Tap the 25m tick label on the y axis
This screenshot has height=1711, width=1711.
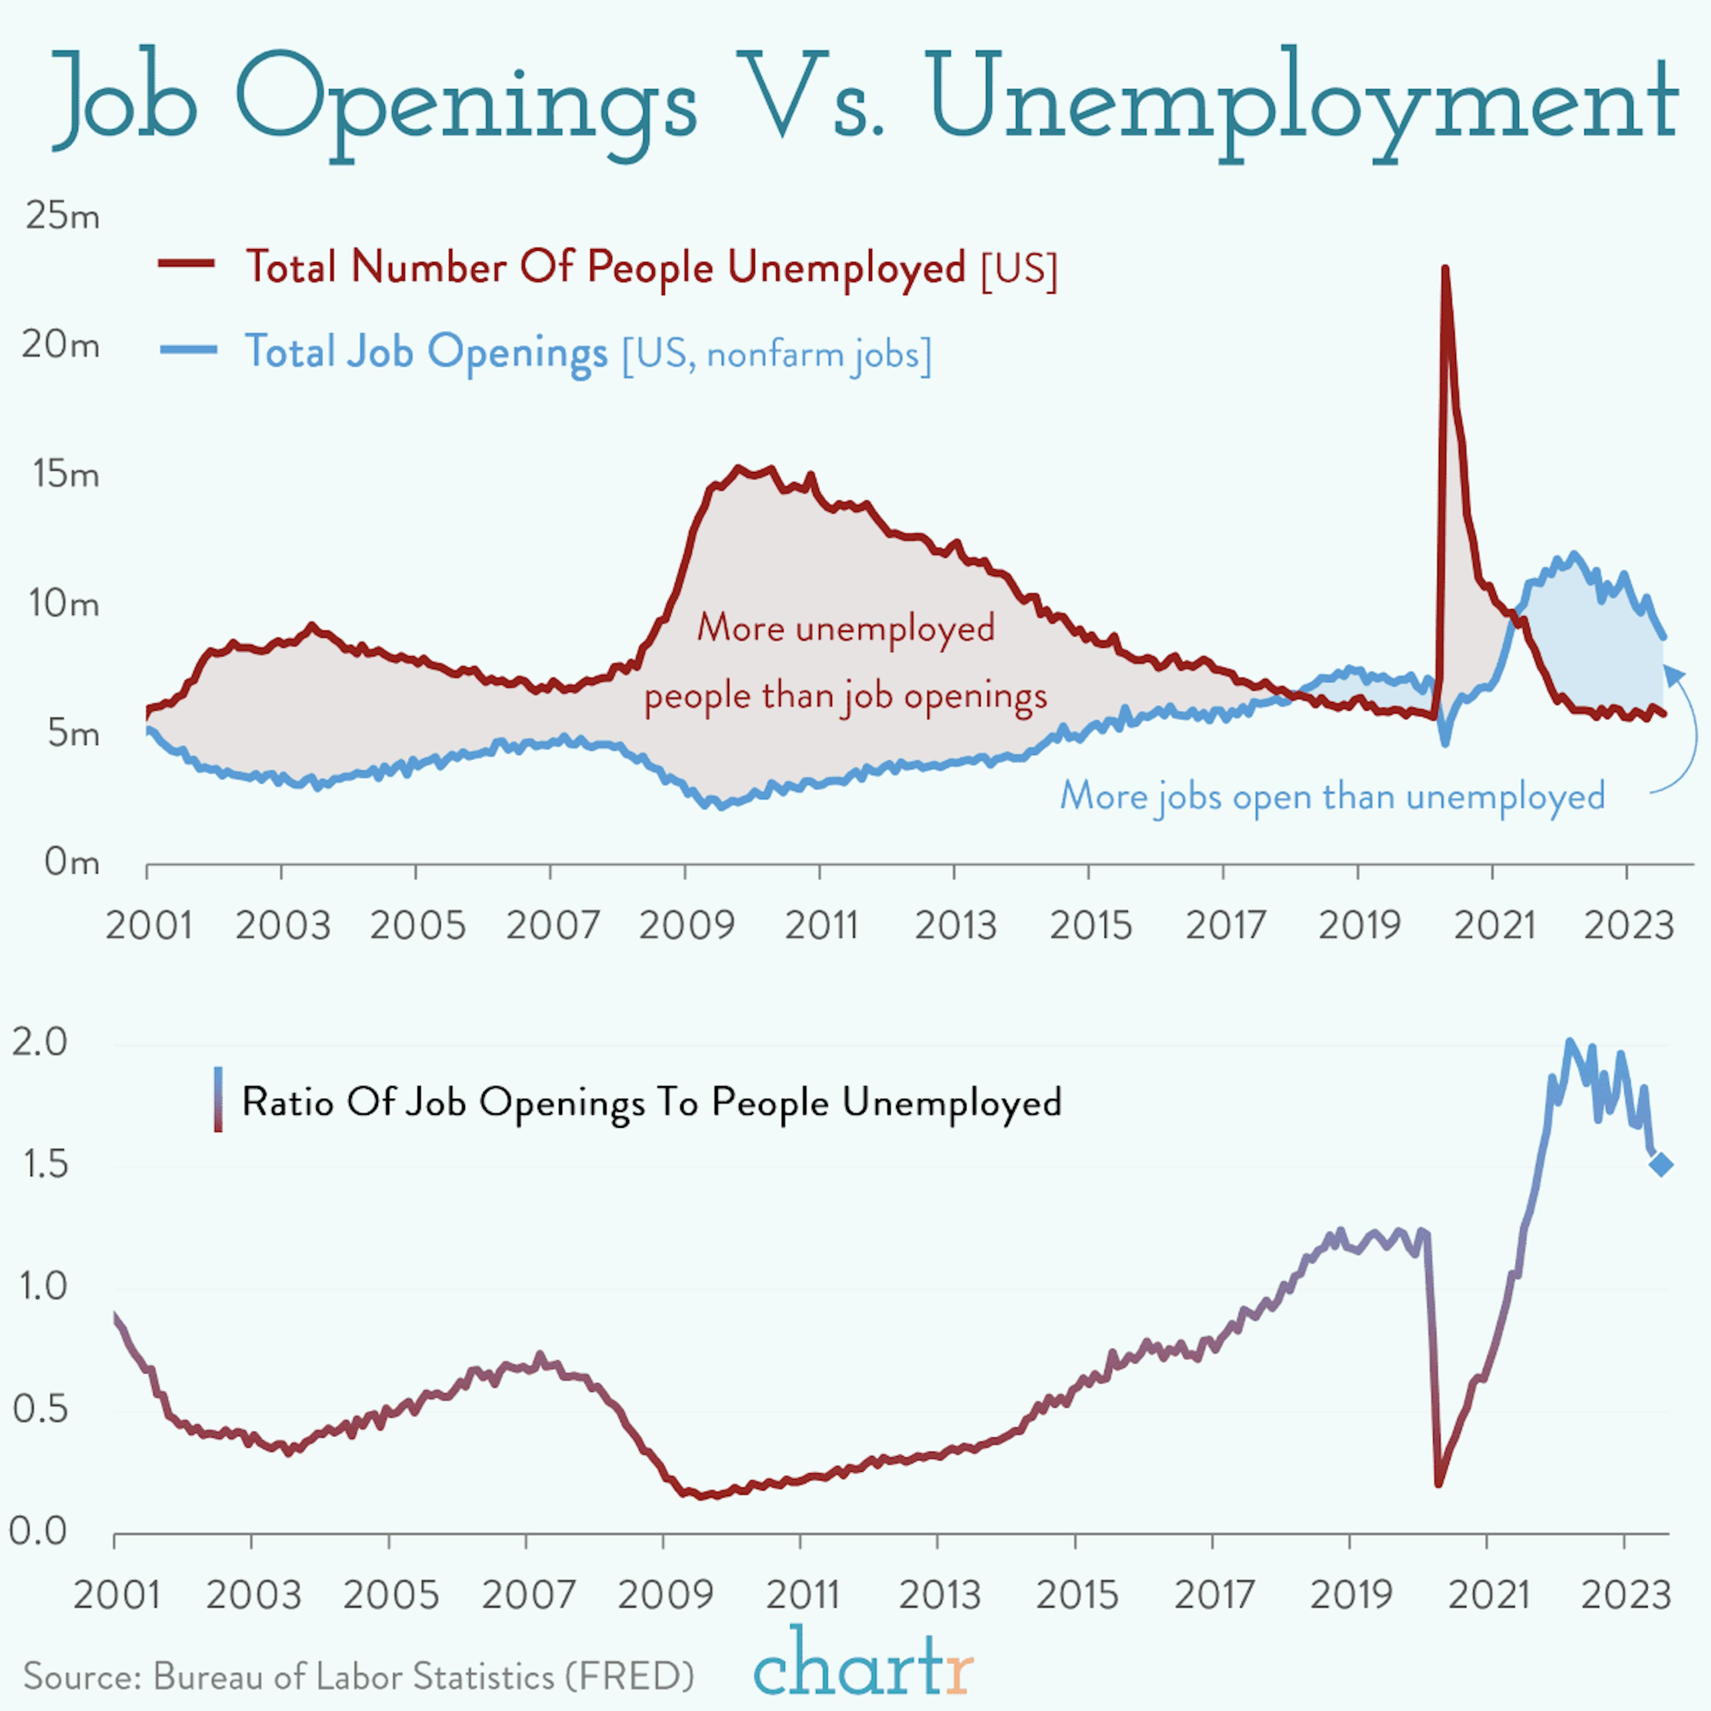(x=62, y=215)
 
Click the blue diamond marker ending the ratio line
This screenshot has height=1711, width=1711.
(x=1662, y=1165)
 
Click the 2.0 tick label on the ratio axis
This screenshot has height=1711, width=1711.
(x=40, y=1042)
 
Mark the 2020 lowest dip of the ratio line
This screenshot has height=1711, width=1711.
(x=1438, y=1484)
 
